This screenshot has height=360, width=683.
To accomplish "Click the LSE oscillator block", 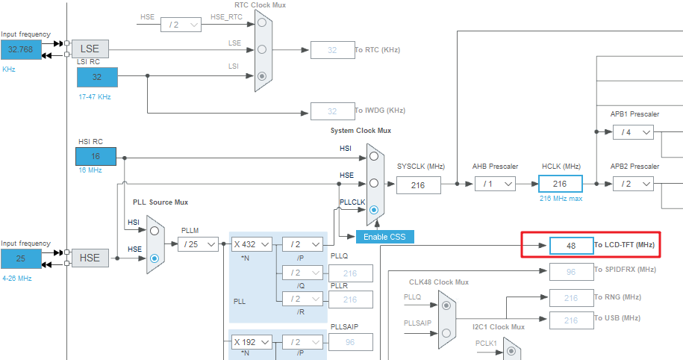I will (x=90, y=49).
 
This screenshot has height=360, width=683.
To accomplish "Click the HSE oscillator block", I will (x=90, y=258).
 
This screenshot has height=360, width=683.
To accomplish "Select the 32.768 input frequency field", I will (x=22, y=50).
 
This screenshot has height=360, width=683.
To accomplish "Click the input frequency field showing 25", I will (x=22, y=258).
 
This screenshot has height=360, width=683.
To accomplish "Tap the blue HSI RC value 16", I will (x=96, y=157).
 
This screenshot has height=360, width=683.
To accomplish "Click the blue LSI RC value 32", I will (x=96, y=77).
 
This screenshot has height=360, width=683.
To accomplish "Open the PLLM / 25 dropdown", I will (x=199, y=244).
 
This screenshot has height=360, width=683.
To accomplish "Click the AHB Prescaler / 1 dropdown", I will (x=494, y=184).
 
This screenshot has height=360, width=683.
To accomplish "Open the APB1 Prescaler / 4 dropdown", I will (x=632, y=132).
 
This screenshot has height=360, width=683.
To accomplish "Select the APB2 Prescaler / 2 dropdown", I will (x=632, y=184).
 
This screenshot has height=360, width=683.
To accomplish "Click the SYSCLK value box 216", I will (x=417, y=184).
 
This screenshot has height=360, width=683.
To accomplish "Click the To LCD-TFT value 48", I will (x=571, y=245).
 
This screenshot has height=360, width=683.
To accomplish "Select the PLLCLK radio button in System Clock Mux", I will (x=373, y=211).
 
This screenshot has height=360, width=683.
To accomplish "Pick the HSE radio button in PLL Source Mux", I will (x=155, y=258).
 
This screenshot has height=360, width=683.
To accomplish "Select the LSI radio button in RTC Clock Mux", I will (x=262, y=76).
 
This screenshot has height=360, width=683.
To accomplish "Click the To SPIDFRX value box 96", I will (x=571, y=272).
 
